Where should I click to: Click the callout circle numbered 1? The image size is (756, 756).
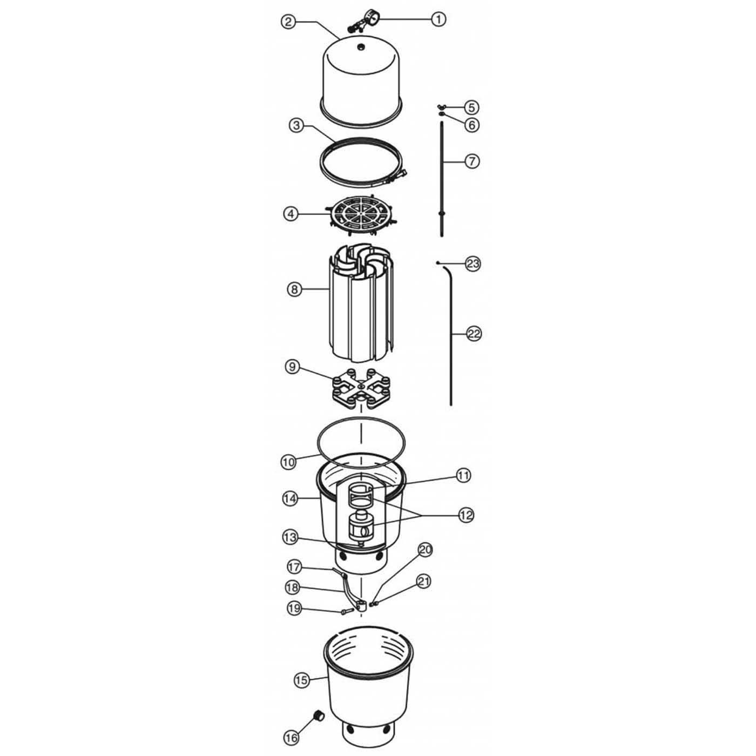[x=438, y=19]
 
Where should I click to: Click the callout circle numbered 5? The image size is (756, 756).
[x=471, y=106]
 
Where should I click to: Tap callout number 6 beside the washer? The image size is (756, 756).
[x=471, y=125]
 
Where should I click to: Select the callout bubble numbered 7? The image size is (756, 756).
[x=471, y=161]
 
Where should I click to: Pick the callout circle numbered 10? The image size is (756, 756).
[x=288, y=462]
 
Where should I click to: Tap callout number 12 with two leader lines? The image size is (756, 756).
[x=465, y=515]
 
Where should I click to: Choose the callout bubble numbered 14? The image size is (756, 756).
[x=290, y=499]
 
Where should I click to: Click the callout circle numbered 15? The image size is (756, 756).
[x=302, y=679]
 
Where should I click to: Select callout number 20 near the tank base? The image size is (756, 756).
[x=426, y=550]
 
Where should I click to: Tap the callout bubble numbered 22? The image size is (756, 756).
[x=474, y=334]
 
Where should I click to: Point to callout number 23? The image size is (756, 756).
[x=473, y=264]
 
